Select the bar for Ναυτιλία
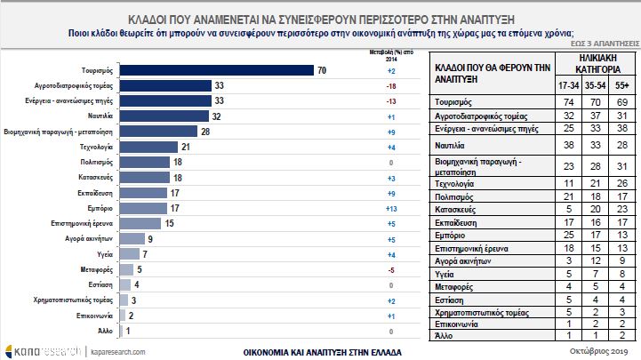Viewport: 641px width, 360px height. click(164, 116)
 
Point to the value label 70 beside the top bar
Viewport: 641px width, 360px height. click(322, 70)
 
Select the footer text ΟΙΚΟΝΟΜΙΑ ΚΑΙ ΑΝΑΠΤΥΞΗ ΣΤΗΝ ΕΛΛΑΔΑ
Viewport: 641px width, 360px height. click(321, 350)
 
